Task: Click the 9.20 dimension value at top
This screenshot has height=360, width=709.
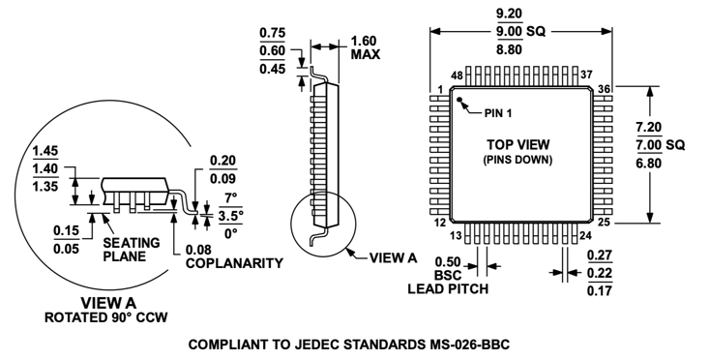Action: click(x=520, y=15)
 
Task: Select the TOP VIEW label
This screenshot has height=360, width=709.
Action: click(x=522, y=142)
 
